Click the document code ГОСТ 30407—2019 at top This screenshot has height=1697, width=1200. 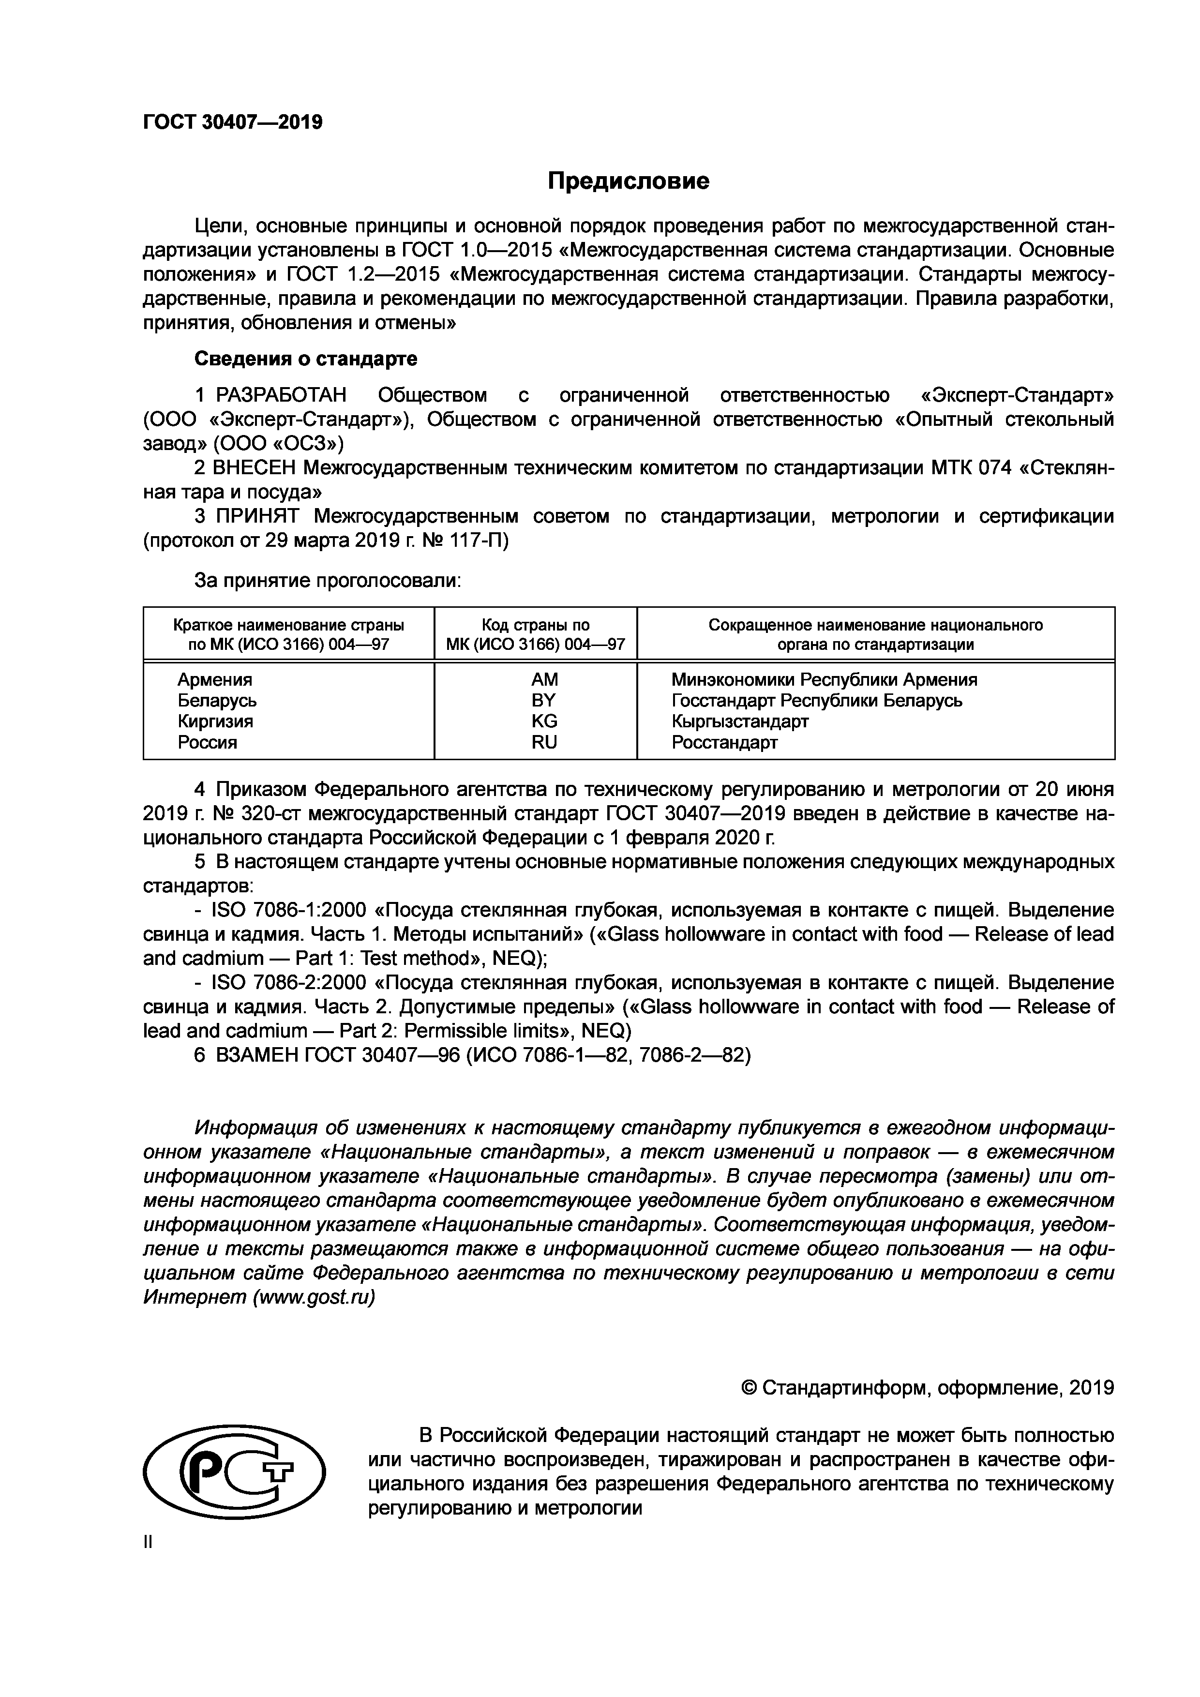(x=233, y=122)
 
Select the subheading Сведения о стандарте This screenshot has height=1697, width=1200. (x=305, y=359)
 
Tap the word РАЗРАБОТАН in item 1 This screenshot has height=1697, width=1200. (x=281, y=395)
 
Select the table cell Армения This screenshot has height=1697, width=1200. (x=214, y=679)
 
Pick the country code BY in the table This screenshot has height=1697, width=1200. (x=544, y=700)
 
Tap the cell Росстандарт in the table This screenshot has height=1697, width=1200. (x=724, y=742)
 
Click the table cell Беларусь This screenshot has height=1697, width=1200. (x=217, y=700)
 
